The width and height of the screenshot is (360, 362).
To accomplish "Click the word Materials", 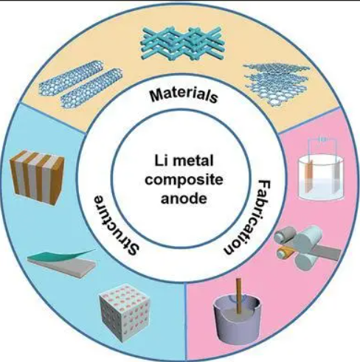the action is (184, 95).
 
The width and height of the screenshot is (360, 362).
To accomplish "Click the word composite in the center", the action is (184, 180).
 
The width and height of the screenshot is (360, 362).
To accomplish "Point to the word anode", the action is (184, 198).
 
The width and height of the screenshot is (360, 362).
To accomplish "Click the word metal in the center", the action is (193, 161).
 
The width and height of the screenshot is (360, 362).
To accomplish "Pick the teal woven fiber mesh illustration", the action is (182, 43).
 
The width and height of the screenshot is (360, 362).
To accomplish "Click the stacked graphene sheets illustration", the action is (277, 84).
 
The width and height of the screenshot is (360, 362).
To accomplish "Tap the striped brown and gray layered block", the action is (37, 177).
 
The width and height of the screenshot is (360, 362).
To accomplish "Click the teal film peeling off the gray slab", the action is (61, 255).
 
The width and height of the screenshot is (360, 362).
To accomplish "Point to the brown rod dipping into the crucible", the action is (238, 296).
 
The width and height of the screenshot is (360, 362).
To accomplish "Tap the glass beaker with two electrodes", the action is (321, 176).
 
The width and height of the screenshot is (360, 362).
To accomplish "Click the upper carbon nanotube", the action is (72, 77).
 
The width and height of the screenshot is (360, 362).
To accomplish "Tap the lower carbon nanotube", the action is (91, 88).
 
